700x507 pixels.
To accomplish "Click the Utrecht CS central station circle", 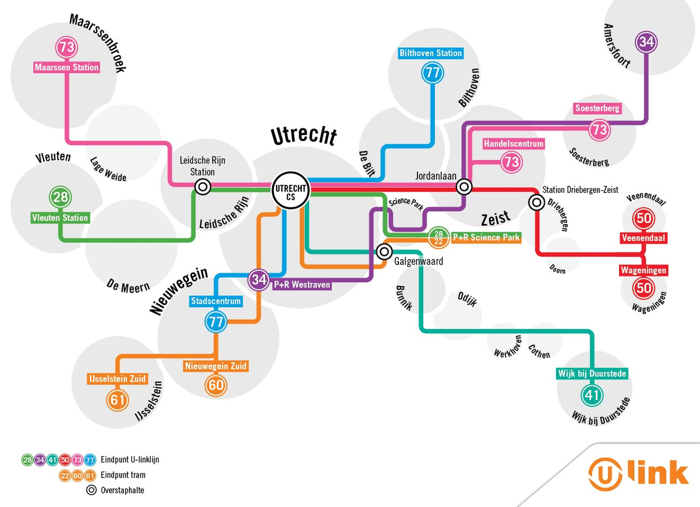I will pos(290,189).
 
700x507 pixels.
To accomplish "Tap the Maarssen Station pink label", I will pos(66,68).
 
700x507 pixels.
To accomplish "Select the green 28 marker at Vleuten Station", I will pos(60,197).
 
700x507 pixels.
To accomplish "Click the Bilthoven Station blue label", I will pos(430,53).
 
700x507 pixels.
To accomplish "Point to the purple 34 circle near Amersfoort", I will pos(646,42).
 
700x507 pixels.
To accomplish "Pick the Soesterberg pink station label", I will pos(597,108).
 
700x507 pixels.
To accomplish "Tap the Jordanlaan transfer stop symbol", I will pos(464,186).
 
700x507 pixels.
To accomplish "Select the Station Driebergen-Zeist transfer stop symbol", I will pos(536,202).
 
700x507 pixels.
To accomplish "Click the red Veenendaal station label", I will pos(643,238).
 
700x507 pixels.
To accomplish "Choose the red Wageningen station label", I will pos(643,270).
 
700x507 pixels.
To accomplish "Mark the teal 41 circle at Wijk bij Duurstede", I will pos(591,395).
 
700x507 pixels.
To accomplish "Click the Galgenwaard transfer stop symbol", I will pos(384,251).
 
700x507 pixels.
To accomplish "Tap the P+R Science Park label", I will pos(486,238).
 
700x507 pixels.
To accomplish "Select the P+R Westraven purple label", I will pos(302,284).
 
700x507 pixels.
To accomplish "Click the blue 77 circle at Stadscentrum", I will pos(216,323).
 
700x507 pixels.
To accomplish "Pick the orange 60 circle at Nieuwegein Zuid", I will pos(216,386).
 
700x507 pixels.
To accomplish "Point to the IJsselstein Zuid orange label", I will pos(117,379).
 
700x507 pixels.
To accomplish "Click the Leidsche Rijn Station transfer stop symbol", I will pos(203,186).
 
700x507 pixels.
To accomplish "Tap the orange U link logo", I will pos(638,474).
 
